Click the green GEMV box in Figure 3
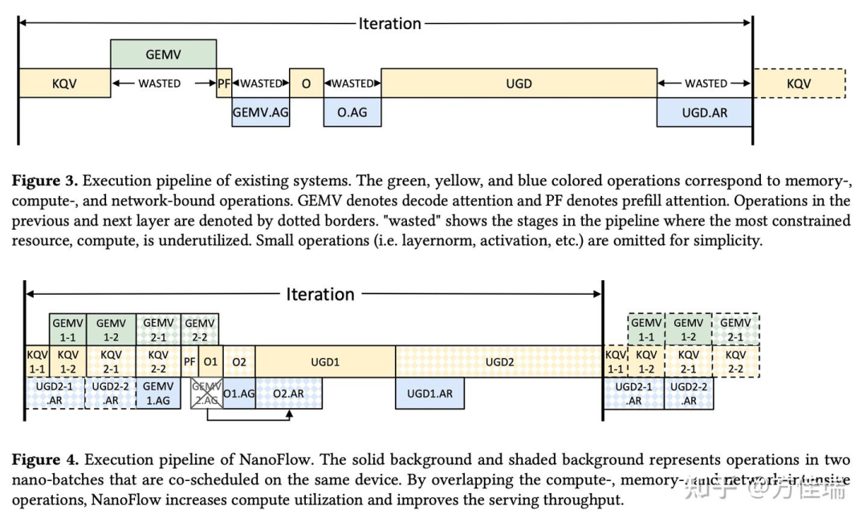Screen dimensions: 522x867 (163, 55)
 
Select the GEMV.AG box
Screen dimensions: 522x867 (260, 112)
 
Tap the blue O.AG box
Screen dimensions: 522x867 (352, 112)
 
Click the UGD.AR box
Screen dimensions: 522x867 (704, 112)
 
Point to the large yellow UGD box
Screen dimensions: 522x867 (519, 84)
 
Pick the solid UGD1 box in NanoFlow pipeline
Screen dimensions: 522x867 (325, 361)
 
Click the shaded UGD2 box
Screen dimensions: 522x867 (499, 361)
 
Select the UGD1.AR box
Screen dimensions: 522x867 (429, 394)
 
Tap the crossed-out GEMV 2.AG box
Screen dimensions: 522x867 (206, 394)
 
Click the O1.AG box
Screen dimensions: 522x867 (239, 394)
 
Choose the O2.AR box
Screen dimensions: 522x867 (288, 394)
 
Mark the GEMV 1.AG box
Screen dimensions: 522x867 (158, 394)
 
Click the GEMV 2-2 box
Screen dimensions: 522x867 (200, 329)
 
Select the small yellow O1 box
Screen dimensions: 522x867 (210, 361)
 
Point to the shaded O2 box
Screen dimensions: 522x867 (239, 361)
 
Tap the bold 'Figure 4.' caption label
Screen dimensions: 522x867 (43, 459)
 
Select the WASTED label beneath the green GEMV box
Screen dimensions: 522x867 (159, 84)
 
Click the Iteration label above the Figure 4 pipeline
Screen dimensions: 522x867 (320, 294)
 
